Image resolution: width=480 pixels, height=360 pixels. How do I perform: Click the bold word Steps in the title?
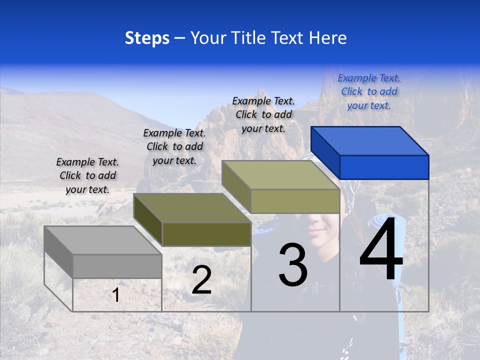(x=147, y=38)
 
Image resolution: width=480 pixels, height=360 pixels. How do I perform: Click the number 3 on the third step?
(x=293, y=264)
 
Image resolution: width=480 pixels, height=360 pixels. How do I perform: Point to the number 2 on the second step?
(x=201, y=280)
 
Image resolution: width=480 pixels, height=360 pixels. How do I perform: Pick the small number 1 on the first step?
(x=116, y=295)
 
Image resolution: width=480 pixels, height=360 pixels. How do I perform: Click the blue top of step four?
(x=369, y=141)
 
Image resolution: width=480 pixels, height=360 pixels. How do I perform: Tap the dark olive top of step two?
(x=192, y=208)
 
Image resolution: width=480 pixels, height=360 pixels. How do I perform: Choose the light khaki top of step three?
(x=280, y=175)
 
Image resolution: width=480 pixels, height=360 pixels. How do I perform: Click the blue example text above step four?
(x=369, y=91)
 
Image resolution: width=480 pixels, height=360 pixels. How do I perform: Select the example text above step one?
(x=87, y=175)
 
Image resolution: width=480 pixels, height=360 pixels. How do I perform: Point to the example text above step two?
(x=174, y=146)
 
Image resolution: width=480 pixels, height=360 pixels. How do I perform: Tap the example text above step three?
(x=263, y=114)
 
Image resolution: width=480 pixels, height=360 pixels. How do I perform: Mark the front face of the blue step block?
(x=384, y=167)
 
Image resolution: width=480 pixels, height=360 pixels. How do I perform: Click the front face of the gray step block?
(x=117, y=266)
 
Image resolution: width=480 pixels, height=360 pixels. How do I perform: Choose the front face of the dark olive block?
(x=206, y=234)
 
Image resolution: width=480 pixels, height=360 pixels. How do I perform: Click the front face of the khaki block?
(x=295, y=201)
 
